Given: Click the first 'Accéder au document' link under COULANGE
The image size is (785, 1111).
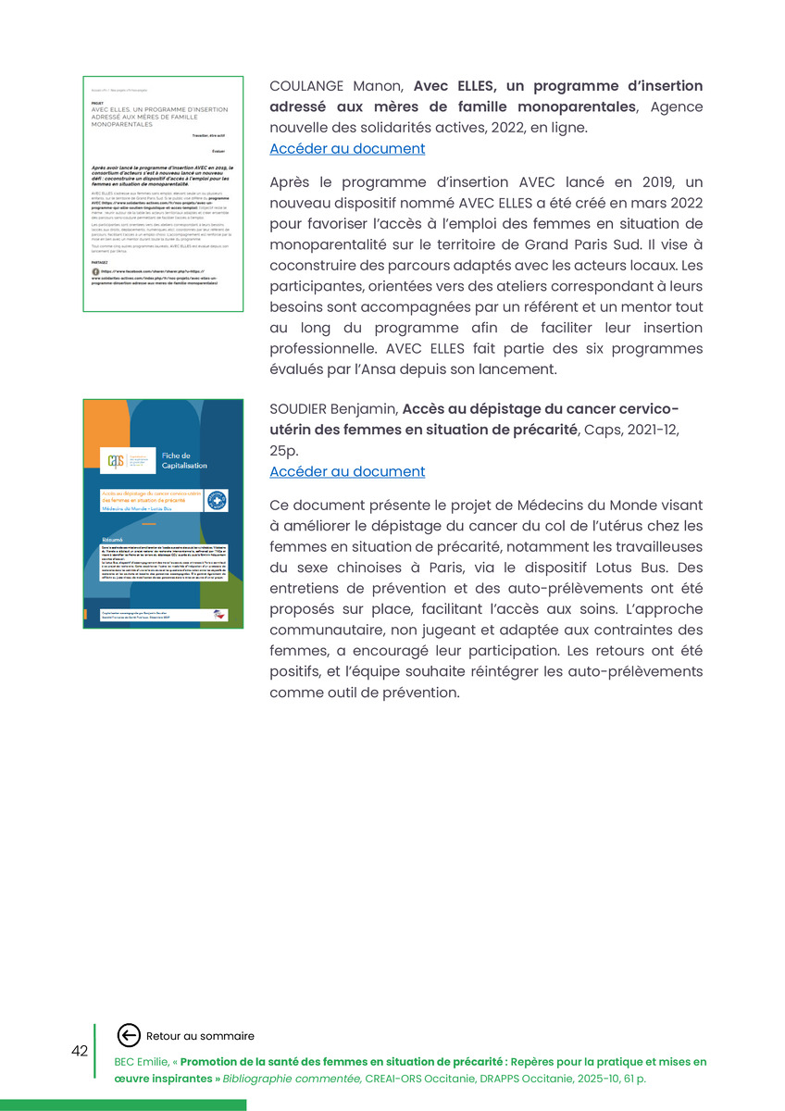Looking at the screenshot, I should click(x=347, y=148).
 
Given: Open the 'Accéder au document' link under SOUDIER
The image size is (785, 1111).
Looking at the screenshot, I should click(x=347, y=471).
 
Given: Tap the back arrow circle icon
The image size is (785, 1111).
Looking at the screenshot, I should click(x=130, y=1036).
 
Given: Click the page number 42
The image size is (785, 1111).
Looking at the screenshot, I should click(x=80, y=1051).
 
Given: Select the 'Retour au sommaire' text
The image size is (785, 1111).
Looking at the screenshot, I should click(x=200, y=1036).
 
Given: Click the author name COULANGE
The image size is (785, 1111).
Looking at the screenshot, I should click(x=306, y=86).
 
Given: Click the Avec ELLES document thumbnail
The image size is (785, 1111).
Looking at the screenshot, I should click(x=163, y=193).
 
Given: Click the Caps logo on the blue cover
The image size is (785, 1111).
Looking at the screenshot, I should click(x=116, y=459).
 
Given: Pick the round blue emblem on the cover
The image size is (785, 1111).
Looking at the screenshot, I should click(x=217, y=501).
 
